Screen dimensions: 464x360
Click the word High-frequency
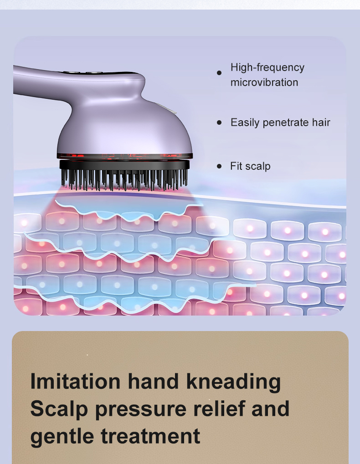267,67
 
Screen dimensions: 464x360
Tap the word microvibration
264,82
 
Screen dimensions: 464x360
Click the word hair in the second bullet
321,122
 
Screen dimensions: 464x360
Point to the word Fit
237,166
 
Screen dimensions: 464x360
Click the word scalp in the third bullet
258,166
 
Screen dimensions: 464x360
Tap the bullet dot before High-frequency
219,72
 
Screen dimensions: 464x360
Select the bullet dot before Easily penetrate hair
219,122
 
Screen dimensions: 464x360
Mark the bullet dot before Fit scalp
219,166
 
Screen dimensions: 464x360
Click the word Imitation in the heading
76,381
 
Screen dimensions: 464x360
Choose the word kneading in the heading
233,381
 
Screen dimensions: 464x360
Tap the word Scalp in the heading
59,408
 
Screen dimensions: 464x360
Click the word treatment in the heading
150,436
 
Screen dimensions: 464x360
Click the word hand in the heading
154,381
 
